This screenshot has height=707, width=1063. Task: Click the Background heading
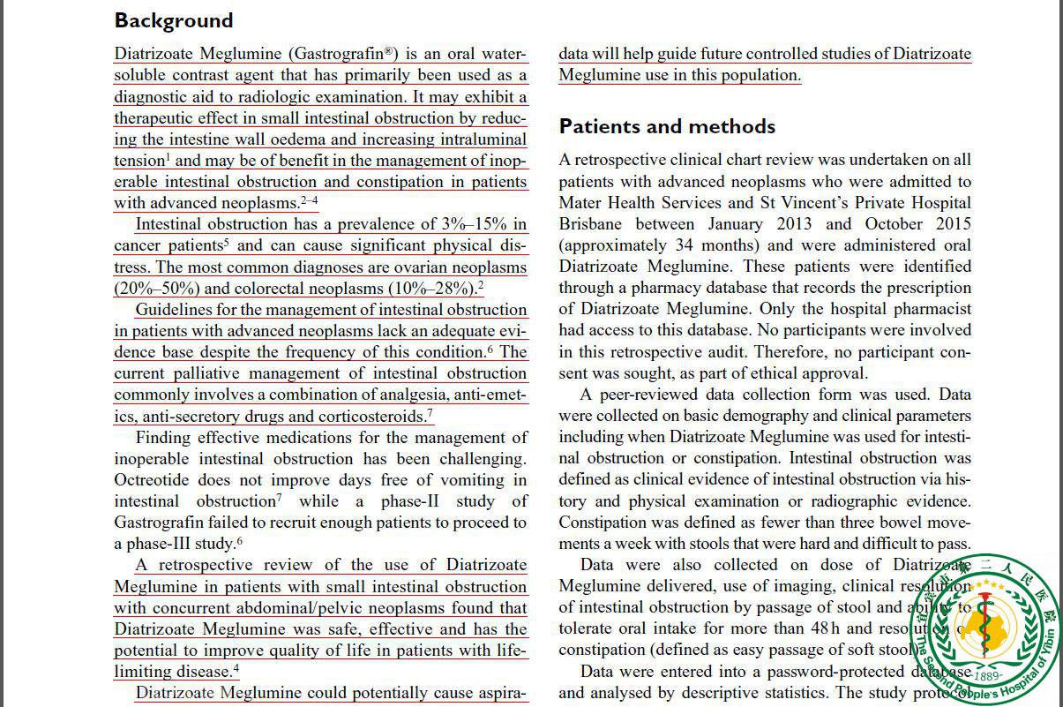[x=174, y=20]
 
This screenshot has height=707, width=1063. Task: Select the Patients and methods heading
[x=667, y=126]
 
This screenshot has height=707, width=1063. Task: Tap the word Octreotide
[x=155, y=480]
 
